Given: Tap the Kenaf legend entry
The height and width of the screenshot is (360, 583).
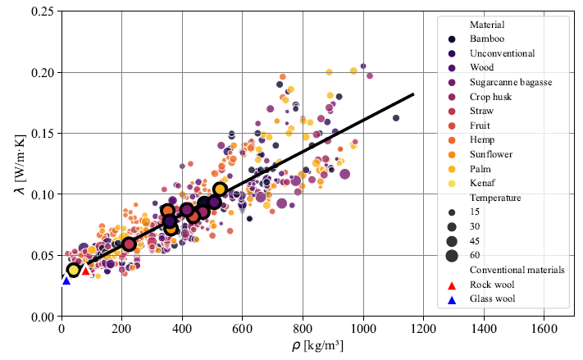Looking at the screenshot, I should tap(482, 183).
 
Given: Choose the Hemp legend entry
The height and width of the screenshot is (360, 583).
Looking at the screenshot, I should tap(481, 139).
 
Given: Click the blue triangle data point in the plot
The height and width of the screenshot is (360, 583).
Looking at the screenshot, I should tap(66, 280).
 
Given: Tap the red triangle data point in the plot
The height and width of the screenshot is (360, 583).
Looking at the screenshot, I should tap(84, 270).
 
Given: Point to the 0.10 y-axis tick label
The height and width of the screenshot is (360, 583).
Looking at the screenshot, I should tap(43, 194).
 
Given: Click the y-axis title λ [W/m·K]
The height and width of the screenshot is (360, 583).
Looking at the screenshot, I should tap(15, 164).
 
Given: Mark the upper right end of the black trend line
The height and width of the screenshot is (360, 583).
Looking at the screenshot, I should tap(413, 94).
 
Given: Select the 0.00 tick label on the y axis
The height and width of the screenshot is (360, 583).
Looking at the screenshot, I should tap(43, 317).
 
